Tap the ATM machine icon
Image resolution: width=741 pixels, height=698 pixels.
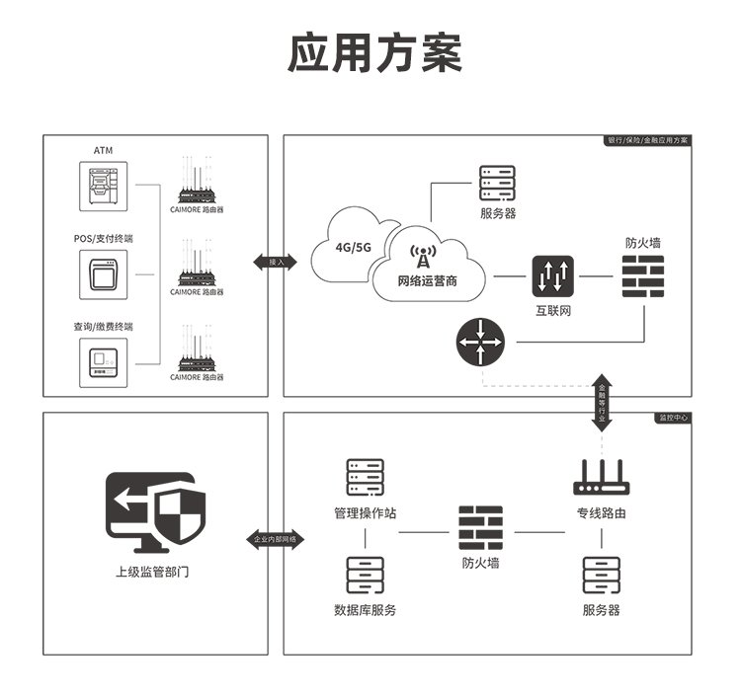[x=103, y=186]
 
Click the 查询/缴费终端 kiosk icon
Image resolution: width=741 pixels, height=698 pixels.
[x=103, y=361]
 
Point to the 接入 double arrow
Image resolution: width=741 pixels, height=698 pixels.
[x=276, y=262]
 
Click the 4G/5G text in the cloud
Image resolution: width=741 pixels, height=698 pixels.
[x=353, y=247]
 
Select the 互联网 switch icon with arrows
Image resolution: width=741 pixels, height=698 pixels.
[x=552, y=277]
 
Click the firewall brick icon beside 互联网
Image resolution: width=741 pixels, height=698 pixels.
[x=642, y=276]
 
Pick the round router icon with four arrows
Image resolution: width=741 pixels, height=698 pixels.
[x=480, y=343]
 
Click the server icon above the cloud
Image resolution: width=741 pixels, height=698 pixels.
[x=497, y=183]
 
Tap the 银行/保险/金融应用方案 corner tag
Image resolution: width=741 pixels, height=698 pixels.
[x=648, y=141]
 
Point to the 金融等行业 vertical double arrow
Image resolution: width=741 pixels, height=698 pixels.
[x=602, y=403]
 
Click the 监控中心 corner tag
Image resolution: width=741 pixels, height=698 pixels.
[x=673, y=418]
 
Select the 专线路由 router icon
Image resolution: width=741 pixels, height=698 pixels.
[x=601, y=480]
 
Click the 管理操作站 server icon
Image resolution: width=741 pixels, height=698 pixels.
[x=365, y=478]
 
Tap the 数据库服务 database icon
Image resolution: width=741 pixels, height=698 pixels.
[x=365, y=576]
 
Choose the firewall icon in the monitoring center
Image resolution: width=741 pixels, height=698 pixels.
[x=480, y=528]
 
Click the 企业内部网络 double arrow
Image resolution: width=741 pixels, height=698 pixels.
[x=276, y=539]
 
